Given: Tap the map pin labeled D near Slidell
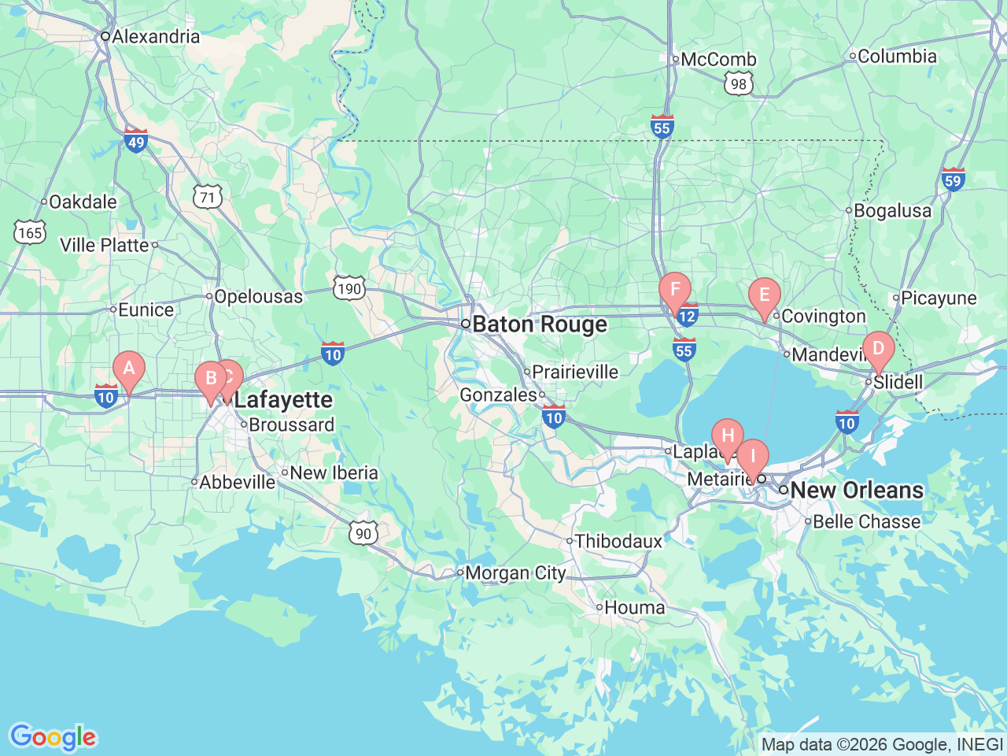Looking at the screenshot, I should (879, 349).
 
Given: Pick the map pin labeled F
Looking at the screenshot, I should (675, 290).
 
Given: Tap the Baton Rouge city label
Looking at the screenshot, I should (540, 324).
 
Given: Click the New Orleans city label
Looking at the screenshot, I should (856, 490).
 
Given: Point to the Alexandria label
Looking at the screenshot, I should (155, 36).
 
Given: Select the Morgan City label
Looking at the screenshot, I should (515, 573).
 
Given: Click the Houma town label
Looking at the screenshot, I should (634, 608).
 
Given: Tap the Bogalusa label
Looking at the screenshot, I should (892, 211).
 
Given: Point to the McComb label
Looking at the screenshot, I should (718, 59).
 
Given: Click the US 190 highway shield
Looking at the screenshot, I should (348, 288).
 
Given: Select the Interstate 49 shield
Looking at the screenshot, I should (135, 141).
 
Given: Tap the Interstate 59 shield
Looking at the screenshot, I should (953, 180).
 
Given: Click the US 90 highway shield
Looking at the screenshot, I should (363, 533).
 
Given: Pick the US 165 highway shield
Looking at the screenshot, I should (30, 232).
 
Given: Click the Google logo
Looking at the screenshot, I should (53, 738).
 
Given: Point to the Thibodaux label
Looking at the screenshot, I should (618, 541).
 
